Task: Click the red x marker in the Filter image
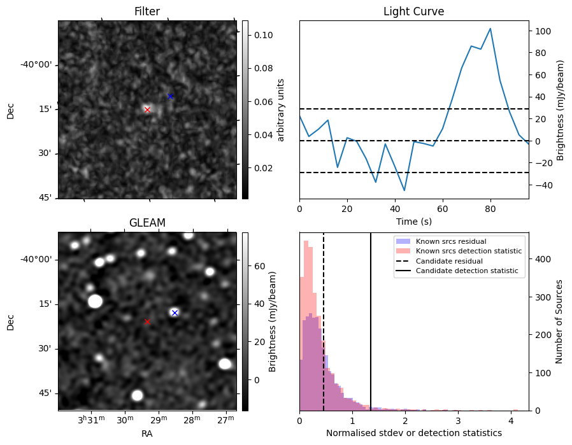point(147,109)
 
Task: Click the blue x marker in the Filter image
point(170,96)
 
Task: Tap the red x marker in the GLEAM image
point(147,321)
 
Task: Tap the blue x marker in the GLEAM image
point(175,313)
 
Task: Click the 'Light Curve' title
point(413,11)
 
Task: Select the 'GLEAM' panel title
point(147,223)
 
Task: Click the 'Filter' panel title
point(147,11)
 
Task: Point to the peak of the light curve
point(490,29)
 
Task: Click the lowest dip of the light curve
point(404,190)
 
